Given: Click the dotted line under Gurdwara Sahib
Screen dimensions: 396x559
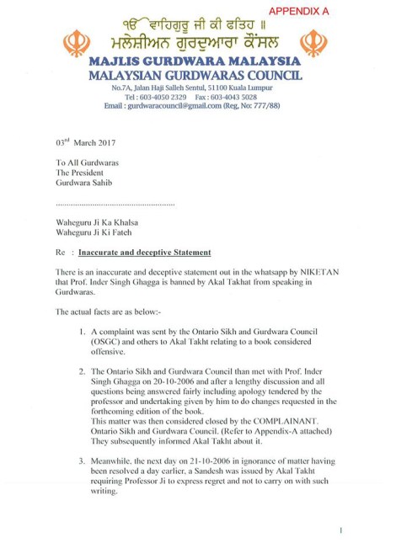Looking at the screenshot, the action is (114, 204).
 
